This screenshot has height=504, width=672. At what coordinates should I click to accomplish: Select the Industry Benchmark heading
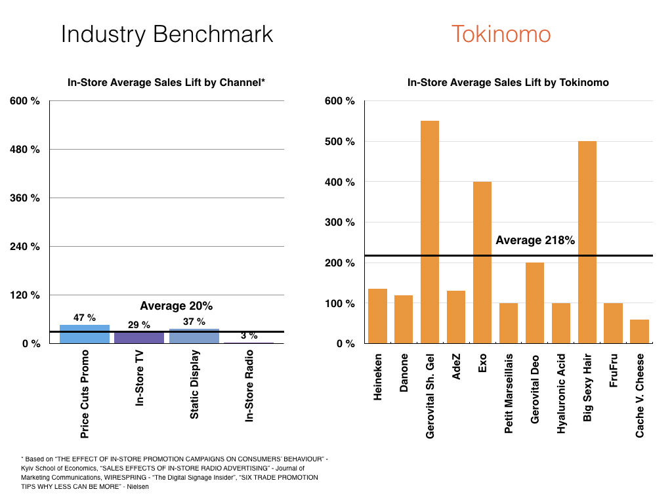click(167, 34)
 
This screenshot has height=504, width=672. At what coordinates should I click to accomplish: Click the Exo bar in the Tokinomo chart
click(482, 262)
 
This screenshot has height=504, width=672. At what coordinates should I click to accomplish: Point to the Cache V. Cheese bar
click(639, 331)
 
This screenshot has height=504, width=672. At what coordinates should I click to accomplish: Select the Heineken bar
click(377, 316)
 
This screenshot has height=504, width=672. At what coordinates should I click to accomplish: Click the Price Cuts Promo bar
click(85, 334)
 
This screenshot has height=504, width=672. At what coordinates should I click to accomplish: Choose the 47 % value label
click(85, 318)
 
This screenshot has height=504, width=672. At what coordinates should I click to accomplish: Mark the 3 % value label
click(249, 335)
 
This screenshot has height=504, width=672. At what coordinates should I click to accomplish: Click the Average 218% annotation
click(535, 241)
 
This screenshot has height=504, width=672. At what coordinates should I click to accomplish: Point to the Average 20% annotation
click(177, 306)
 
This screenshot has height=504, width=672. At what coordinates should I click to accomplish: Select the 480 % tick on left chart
click(25, 150)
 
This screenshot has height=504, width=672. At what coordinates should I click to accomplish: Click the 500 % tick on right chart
click(340, 142)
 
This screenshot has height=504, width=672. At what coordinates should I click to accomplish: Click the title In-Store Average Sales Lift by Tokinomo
click(508, 83)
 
